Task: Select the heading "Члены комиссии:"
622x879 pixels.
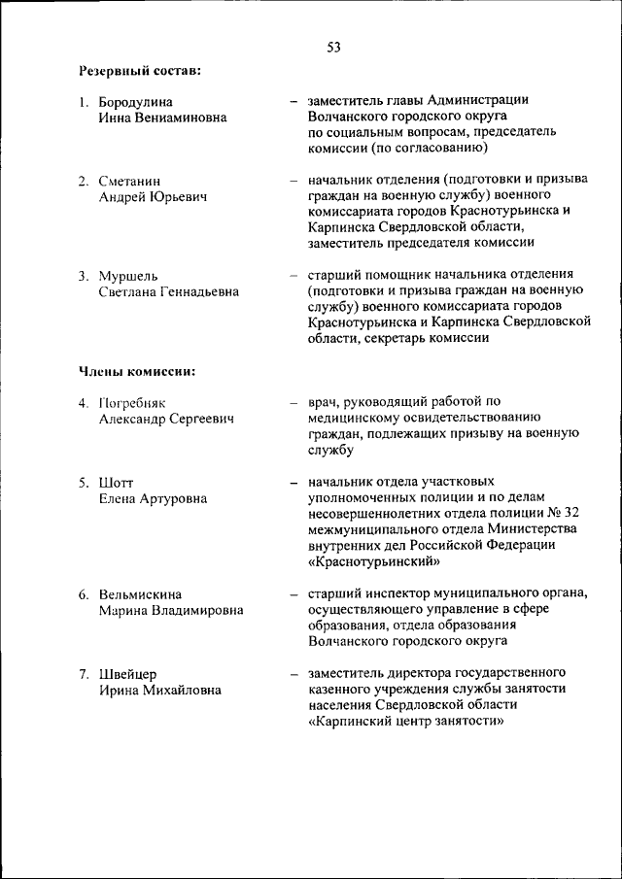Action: (137, 370)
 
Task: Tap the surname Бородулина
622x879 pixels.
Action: (139, 101)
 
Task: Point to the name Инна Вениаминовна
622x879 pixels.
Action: (162, 117)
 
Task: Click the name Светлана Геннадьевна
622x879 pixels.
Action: (168, 291)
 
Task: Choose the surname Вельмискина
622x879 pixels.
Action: (140, 593)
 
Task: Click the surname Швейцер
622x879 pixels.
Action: (127, 673)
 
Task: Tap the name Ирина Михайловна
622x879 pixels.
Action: (159, 689)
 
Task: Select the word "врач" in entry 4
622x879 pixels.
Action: (322, 402)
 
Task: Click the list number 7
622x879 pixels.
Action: (85, 673)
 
